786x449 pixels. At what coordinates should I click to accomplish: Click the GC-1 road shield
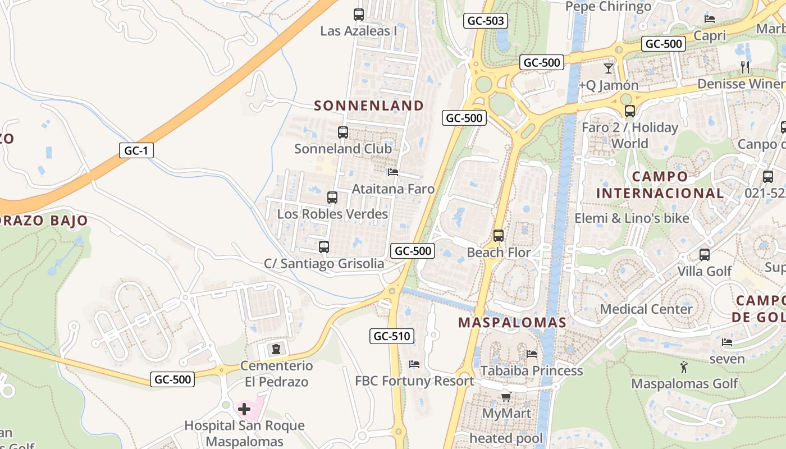point(136,150)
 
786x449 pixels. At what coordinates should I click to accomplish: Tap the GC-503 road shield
point(486,21)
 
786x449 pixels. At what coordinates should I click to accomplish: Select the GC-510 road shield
point(392,336)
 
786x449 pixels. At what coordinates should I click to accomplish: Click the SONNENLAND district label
point(369,106)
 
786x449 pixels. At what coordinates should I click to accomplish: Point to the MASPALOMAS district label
point(512,323)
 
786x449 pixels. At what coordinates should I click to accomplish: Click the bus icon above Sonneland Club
point(343,132)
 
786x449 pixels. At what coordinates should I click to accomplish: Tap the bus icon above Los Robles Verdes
point(332,198)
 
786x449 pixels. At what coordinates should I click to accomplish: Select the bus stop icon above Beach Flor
point(499,236)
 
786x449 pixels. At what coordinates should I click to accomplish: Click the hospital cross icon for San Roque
point(244,409)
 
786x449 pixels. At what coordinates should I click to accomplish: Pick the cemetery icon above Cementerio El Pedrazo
point(276,350)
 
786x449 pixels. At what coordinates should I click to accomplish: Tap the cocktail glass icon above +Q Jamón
point(609,68)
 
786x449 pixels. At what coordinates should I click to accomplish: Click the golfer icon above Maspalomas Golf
point(684,368)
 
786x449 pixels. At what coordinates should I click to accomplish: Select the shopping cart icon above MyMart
point(506,397)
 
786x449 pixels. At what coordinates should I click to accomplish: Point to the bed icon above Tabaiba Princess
point(532,354)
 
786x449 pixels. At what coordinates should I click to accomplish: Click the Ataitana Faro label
point(393,189)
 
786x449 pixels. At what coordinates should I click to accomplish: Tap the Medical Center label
point(646,309)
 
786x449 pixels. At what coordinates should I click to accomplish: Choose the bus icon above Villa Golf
point(705,255)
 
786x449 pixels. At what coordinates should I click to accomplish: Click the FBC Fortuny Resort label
point(414,381)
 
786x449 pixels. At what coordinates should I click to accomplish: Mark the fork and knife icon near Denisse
point(745,67)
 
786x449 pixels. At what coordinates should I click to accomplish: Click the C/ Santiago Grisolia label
point(324,264)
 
